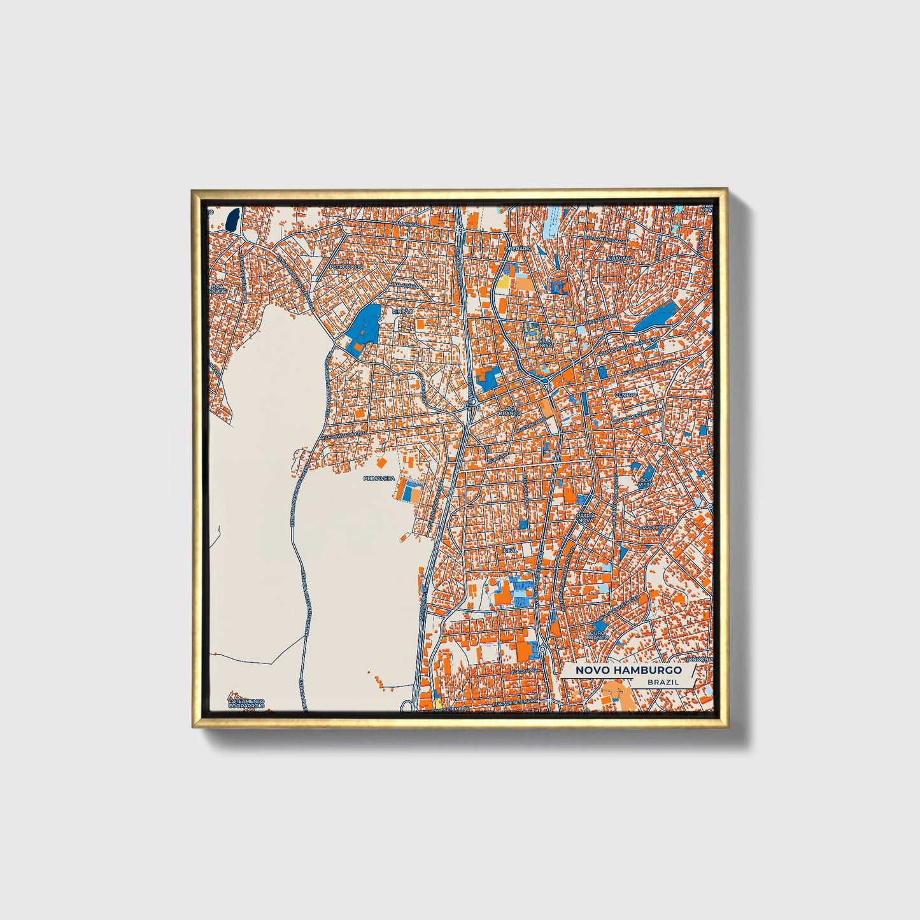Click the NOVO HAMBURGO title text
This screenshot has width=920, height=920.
pyautogui.click(x=628, y=670)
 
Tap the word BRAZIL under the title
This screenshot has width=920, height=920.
pyautogui.click(x=662, y=682)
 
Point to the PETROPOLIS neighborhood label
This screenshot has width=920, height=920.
pyautogui.click(x=346, y=267)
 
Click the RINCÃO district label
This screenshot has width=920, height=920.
pyautogui.click(x=402, y=312)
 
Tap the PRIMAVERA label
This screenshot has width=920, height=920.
pyautogui.click(x=379, y=478)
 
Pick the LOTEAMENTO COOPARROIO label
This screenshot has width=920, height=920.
pyautogui.click(x=247, y=703)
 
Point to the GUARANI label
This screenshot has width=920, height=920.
pyautogui.click(x=618, y=259)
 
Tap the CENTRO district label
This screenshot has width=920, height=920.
pyautogui.click(x=625, y=395)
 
